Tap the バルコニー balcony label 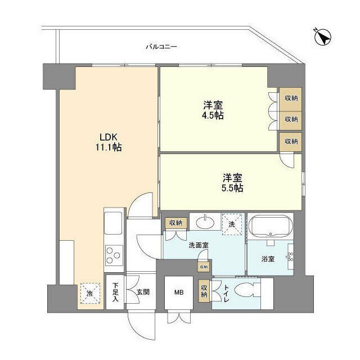click(x=161, y=47)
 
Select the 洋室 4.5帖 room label click(x=213, y=111)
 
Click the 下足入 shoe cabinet click(x=115, y=292)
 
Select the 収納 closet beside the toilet click(x=204, y=291)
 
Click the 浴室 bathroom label click(x=268, y=259)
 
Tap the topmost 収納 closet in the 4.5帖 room click(x=290, y=97)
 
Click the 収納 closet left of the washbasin click(x=175, y=223)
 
